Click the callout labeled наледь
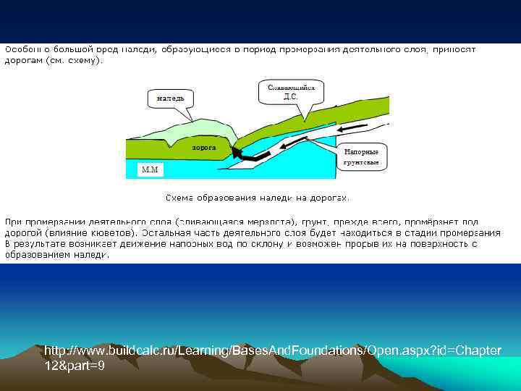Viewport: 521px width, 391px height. click(x=171, y=97)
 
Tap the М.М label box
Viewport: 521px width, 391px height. click(x=151, y=170)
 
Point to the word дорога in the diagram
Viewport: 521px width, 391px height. click(x=204, y=147)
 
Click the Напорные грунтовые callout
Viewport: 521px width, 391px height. click(x=361, y=157)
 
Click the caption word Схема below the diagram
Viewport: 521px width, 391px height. click(x=180, y=197)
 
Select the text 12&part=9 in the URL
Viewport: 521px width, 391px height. click(x=75, y=366)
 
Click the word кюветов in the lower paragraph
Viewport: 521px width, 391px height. click(x=111, y=233)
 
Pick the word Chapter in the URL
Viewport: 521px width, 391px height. click(x=477, y=350)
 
